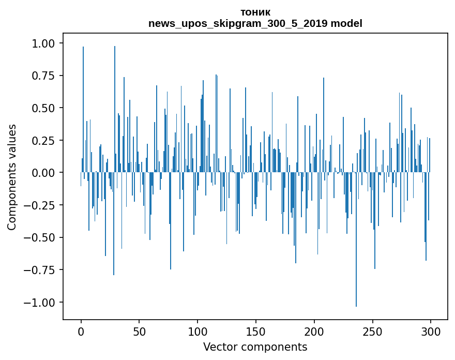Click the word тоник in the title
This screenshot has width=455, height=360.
[255, 12]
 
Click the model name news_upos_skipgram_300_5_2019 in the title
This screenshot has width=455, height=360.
[255, 23]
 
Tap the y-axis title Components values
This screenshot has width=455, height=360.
[12, 177]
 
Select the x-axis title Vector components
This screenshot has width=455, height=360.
[255, 347]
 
